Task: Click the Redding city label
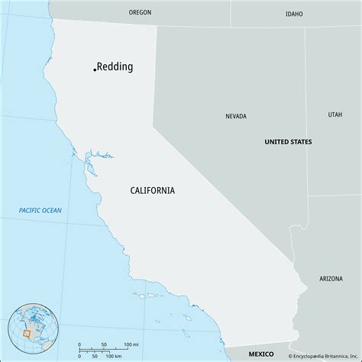point(115,66)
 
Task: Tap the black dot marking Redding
point(95,69)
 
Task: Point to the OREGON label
point(140,13)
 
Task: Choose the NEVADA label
point(236,117)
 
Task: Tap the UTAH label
point(335,115)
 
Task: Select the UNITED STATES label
point(288,142)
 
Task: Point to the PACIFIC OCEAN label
point(40,210)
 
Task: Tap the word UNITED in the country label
point(276,142)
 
